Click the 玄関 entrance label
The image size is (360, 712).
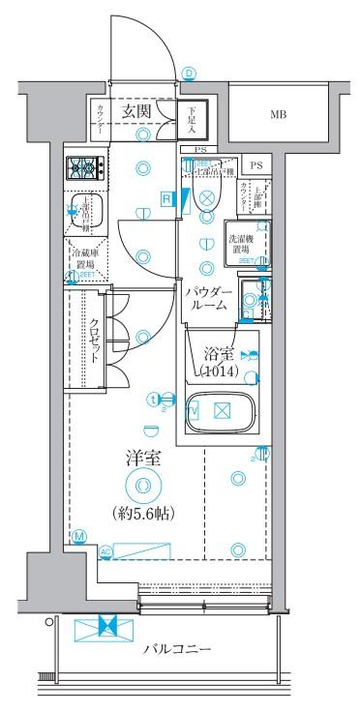pyautogui.click(x=135, y=112)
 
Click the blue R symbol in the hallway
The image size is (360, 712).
pyautogui.click(x=167, y=199)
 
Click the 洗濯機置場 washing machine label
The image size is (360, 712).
pyautogui.click(x=242, y=243)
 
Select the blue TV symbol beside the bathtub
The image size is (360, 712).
pyautogui.click(x=193, y=410)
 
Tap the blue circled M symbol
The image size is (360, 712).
pyautogui.click(x=77, y=536)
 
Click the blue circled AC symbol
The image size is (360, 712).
pyautogui.click(x=105, y=552)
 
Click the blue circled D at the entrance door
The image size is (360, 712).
pyautogui.click(x=190, y=74)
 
